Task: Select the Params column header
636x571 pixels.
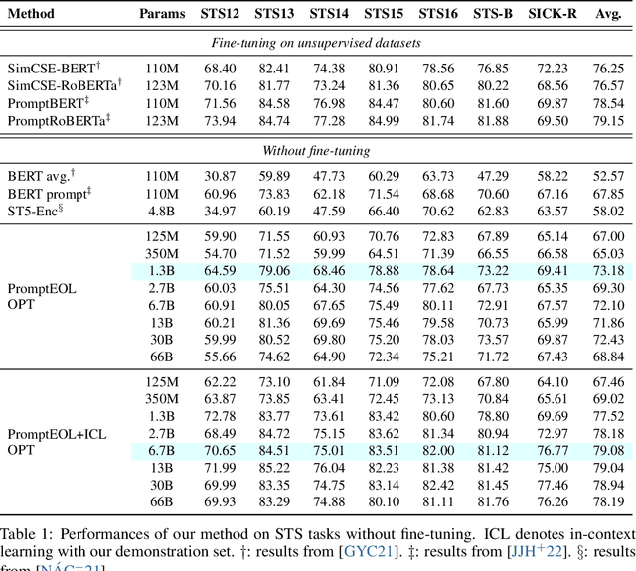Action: (162, 16)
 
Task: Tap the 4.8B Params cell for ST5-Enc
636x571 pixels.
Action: (162, 211)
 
